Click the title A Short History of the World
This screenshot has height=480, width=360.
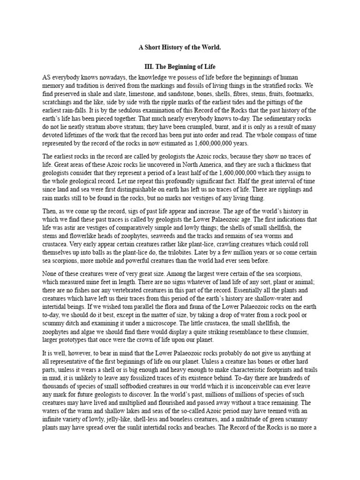click(180, 47)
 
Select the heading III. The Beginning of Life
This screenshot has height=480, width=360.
click(180, 67)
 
